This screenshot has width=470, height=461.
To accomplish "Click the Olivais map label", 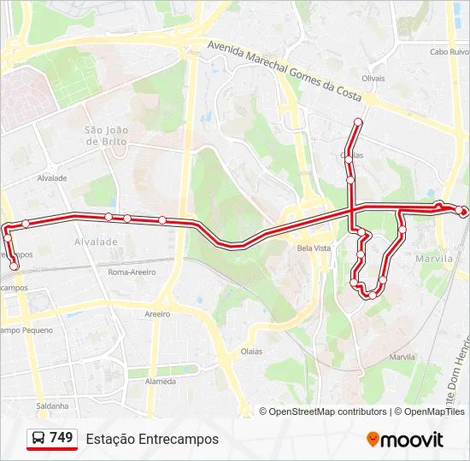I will click(x=373, y=78).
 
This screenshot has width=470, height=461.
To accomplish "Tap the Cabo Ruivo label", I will click(x=450, y=51).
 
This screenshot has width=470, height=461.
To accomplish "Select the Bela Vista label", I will click(x=314, y=248).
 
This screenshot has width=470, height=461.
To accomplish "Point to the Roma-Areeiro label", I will click(x=132, y=271).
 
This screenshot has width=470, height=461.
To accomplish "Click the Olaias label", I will click(x=251, y=351).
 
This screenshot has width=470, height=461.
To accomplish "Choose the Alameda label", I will click(x=160, y=382).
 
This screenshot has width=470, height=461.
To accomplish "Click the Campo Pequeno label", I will click(x=26, y=330).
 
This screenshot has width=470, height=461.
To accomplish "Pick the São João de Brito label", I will click(x=107, y=136).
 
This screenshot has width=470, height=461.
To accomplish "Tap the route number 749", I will click(x=62, y=438).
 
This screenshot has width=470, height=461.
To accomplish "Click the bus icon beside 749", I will click(x=39, y=439).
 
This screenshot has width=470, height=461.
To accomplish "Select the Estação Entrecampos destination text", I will click(x=152, y=439).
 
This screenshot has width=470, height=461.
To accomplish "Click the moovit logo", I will click(x=405, y=440).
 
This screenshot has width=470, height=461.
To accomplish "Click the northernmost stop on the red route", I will click(x=357, y=123).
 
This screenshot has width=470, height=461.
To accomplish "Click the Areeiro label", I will click(x=157, y=314).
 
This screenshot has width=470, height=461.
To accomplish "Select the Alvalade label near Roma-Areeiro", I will click(x=96, y=242).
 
